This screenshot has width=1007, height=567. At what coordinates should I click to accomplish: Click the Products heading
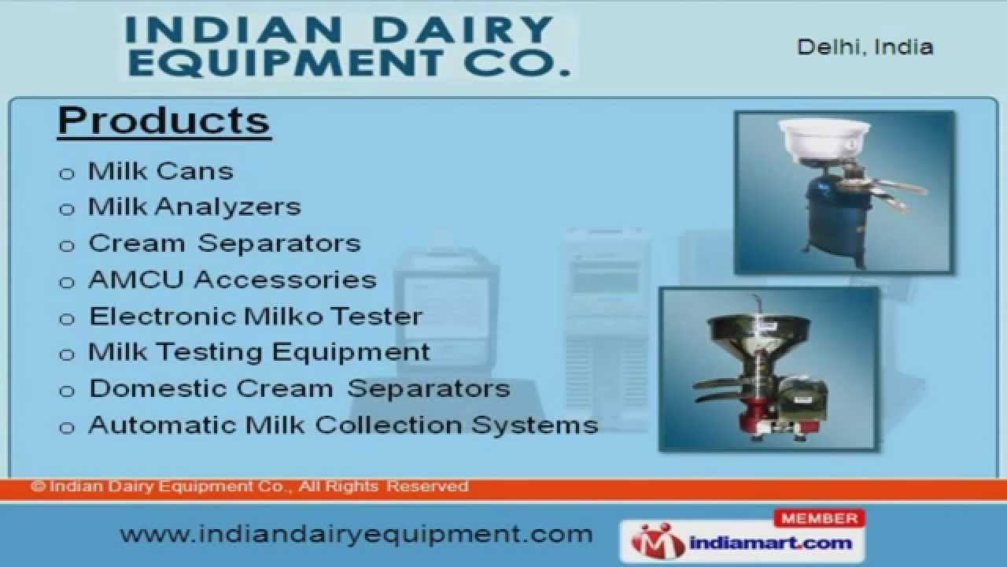(x=164, y=120)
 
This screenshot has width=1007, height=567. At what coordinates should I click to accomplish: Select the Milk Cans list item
(x=160, y=171)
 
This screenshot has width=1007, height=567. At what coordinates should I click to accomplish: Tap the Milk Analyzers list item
(x=194, y=206)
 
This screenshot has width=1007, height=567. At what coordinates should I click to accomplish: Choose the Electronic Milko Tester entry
(x=256, y=317)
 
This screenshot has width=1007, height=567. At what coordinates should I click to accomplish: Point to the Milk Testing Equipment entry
(x=259, y=352)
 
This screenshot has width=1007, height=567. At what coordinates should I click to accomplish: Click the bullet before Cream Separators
(x=67, y=246)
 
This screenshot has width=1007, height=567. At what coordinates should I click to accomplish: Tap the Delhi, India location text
(x=865, y=47)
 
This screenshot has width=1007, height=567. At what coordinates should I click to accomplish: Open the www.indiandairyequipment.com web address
(x=356, y=534)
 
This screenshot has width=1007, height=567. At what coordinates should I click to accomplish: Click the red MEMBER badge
(x=820, y=518)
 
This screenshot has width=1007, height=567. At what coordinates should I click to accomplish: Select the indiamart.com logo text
(x=762, y=543)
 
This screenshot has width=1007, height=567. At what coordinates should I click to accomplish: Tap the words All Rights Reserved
(x=383, y=487)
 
